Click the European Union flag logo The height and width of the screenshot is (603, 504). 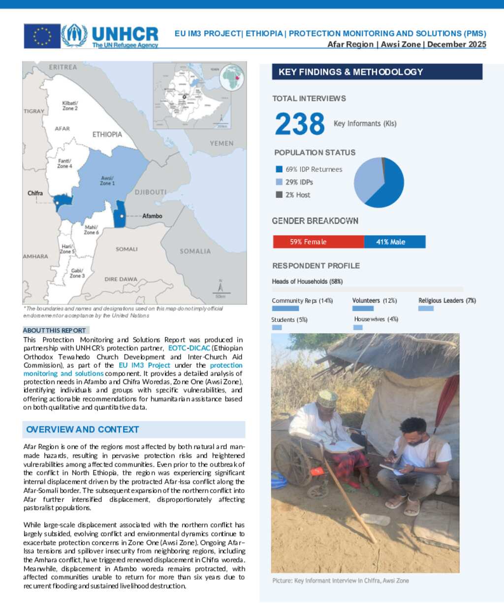pyautogui.click(x=42, y=36)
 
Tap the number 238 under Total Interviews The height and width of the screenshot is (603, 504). pyautogui.click(x=300, y=124)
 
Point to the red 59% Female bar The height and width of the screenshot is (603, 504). pyautogui.click(x=318, y=242)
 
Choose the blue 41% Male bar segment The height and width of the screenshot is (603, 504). pyautogui.click(x=395, y=242)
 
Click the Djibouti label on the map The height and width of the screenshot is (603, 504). pyautogui.click(x=151, y=192)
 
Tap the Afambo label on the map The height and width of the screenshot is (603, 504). pyautogui.click(x=152, y=216)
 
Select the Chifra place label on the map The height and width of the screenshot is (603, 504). pyautogui.click(x=35, y=193)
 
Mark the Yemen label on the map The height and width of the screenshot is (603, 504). pyautogui.click(x=221, y=143)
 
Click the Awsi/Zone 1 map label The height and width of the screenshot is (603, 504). pyautogui.click(x=107, y=180)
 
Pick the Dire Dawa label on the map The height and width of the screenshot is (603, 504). pyautogui.click(x=121, y=279)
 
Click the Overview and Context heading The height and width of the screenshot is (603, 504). pyautogui.click(x=83, y=429)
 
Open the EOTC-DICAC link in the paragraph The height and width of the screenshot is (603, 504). pyautogui.click(x=189, y=348)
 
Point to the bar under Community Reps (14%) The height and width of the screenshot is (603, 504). pyautogui.click(x=285, y=309)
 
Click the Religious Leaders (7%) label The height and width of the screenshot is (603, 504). pyautogui.click(x=447, y=300)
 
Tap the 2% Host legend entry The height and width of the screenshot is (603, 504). pyautogui.click(x=297, y=195)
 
